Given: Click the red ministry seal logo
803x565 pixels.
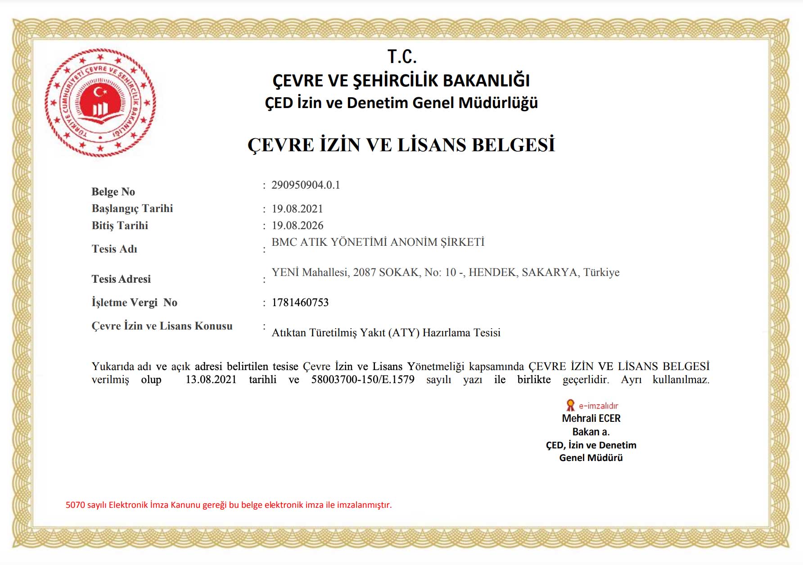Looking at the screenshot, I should click(100, 103).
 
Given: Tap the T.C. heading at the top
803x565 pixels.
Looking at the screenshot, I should click(402, 57).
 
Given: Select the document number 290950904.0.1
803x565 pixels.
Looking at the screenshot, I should click(306, 185).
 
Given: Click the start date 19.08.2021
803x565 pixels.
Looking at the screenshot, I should click(297, 209).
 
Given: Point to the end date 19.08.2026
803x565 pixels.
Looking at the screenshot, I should click(297, 226).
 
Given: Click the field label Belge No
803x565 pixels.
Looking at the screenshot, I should click(113, 192).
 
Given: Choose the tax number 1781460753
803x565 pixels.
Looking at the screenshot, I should click(300, 303).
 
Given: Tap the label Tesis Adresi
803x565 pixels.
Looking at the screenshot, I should click(121, 279).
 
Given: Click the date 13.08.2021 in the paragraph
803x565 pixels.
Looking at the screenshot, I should click(211, 380).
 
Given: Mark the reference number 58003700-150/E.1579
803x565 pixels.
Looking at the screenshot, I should click(363, 380).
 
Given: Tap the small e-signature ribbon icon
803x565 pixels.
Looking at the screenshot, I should click(570, 405).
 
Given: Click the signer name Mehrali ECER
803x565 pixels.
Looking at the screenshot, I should click(591, 418).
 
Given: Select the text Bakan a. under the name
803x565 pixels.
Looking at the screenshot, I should click(591, 432).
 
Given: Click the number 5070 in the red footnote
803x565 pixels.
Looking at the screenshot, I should click(75, 505).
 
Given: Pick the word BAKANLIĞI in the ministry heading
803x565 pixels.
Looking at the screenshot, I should click(486, 81).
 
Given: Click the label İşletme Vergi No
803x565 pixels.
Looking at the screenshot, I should click(134, 303).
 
